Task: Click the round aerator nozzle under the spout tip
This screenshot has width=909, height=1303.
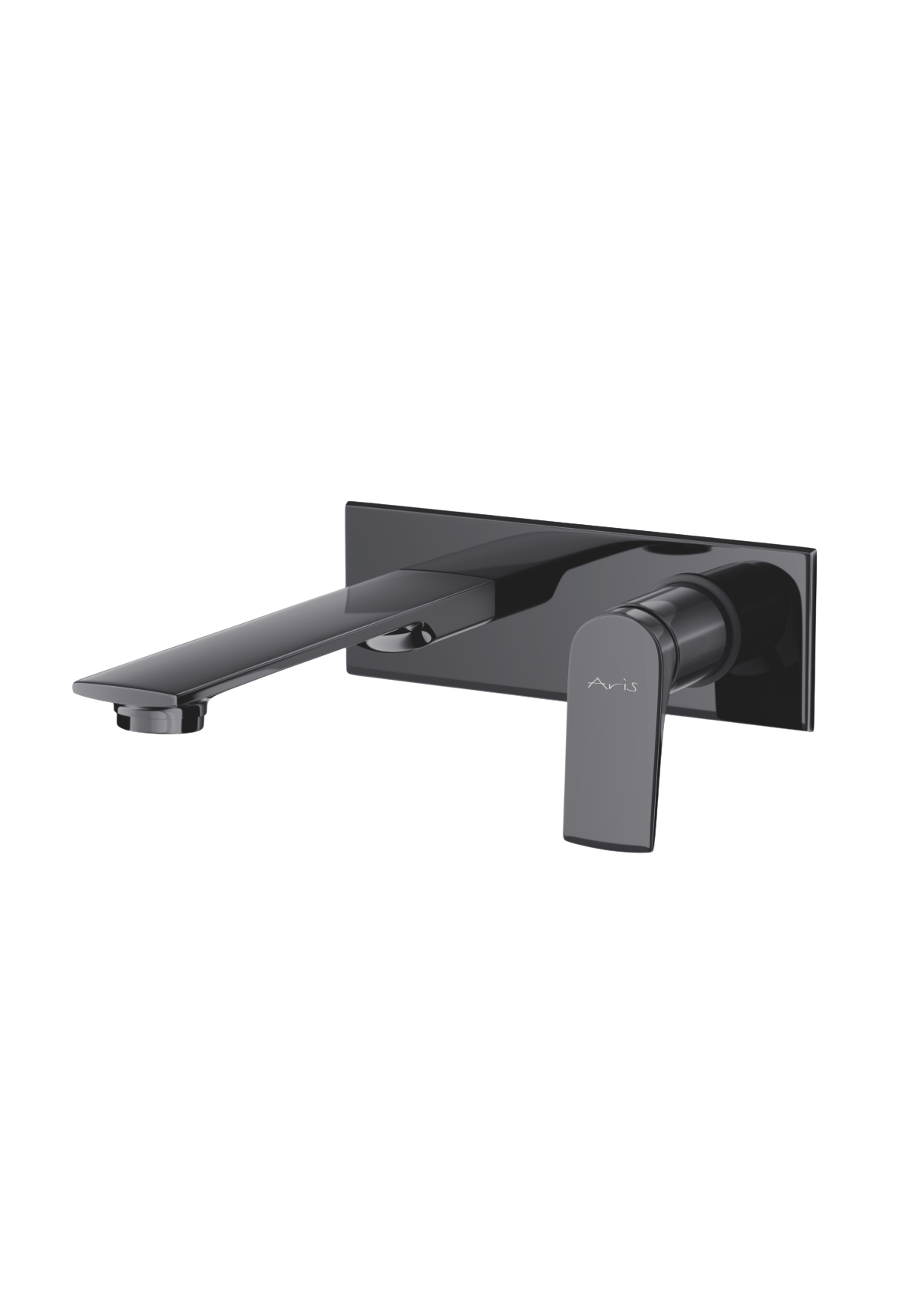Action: tap(161, 717)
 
